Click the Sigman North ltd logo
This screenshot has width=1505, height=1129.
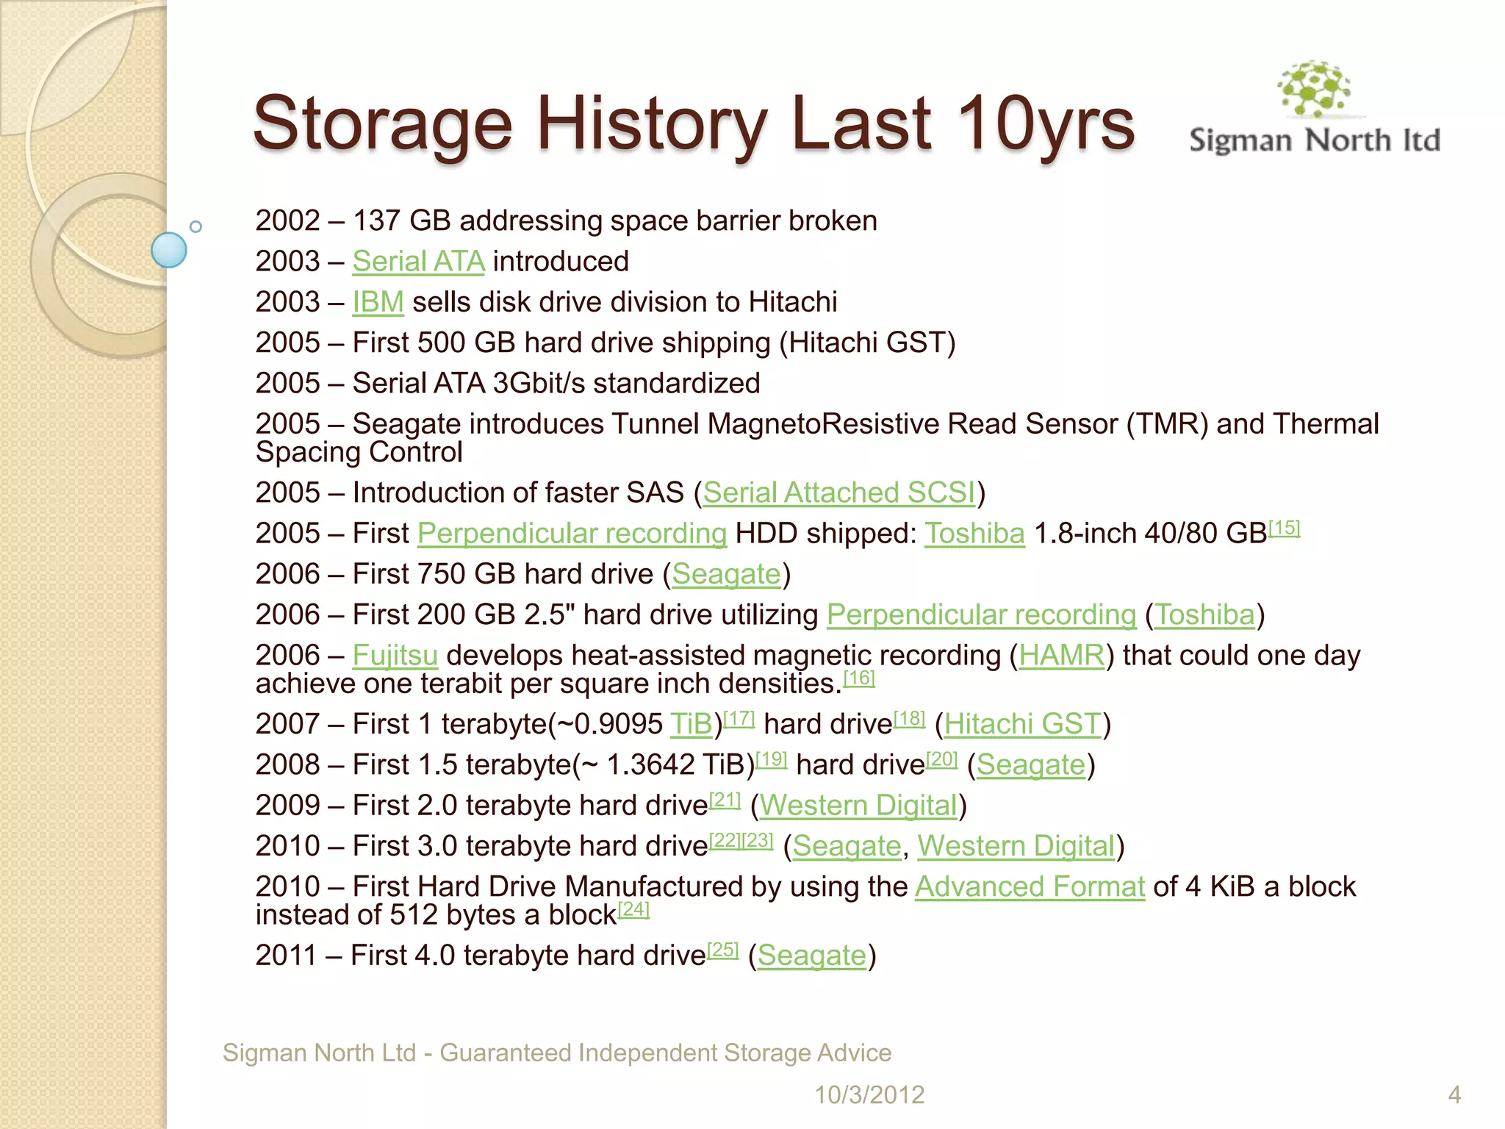[x=1315, y=110]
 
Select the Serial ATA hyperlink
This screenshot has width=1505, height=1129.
[x=418, y=262]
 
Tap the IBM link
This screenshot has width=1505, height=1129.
[x=378, y=302]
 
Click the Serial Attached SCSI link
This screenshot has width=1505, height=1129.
[x=839, y=492]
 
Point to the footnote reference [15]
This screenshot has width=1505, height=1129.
[x=1285, y=528]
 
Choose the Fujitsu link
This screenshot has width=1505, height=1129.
[x=395, y=655]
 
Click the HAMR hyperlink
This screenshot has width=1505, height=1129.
[x=1061, y=655]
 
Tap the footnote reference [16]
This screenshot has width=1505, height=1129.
[x=859, y=678]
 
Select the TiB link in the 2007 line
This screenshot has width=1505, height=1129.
[x=691, y=724]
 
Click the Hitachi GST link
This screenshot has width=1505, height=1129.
[x=1023, y=724]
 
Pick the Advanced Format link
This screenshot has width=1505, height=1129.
[x=1030, y=886]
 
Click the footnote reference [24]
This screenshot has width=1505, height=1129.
[x=633, y=909]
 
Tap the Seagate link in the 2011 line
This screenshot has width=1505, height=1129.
[x=811, y=956]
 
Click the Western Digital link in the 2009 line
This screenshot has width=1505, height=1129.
[x=858, y=806]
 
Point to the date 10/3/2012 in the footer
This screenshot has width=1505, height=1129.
[x=869, y=1094]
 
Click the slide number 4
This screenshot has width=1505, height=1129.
[x=1454, y=1094]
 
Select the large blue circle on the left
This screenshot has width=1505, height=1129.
[x=169, y=250]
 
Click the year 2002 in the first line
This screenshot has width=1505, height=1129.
[x=288, y=221]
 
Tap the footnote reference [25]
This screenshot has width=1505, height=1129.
[x=722, y=950]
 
